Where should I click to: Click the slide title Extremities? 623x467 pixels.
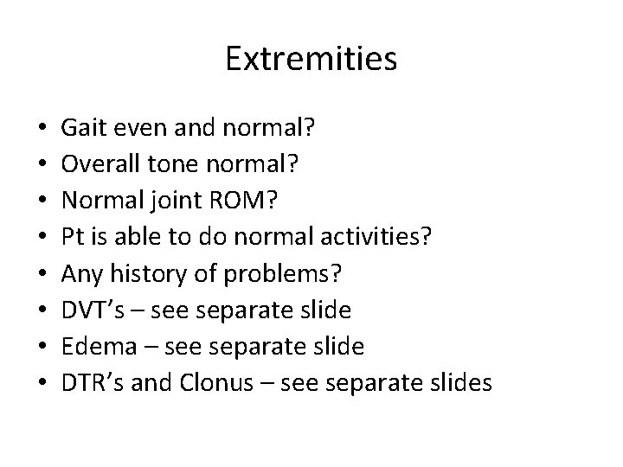coord(311,59)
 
